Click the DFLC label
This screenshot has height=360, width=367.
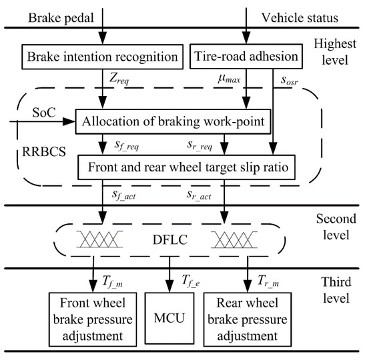click(176, 238)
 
